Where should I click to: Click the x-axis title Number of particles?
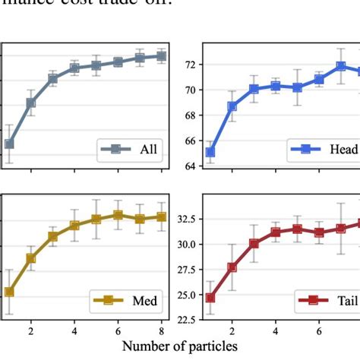point(180,346)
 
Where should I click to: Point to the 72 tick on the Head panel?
point(189,65)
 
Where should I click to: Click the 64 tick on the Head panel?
point(189,166)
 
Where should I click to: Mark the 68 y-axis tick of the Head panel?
point(189,115)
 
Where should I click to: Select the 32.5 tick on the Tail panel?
point(183,219)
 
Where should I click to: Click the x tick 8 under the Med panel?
point(162,332)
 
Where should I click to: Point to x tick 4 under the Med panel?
point(74,332)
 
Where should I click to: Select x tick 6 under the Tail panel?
point(319,332)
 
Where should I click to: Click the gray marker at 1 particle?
point(9,144)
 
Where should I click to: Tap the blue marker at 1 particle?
point(210,153)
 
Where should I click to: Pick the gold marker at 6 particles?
point(118,215)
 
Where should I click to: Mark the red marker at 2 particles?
point(232,267)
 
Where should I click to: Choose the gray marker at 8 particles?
point(161,55)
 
